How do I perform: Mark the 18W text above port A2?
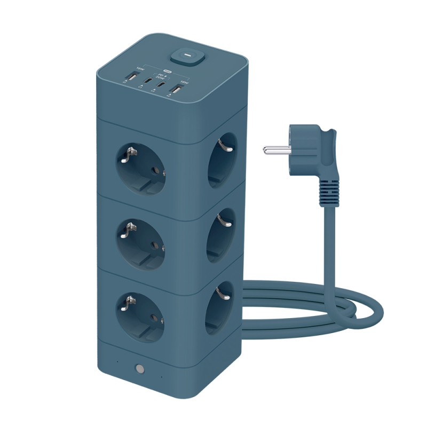point(184,81)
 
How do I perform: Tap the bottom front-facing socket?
point(139,315)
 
